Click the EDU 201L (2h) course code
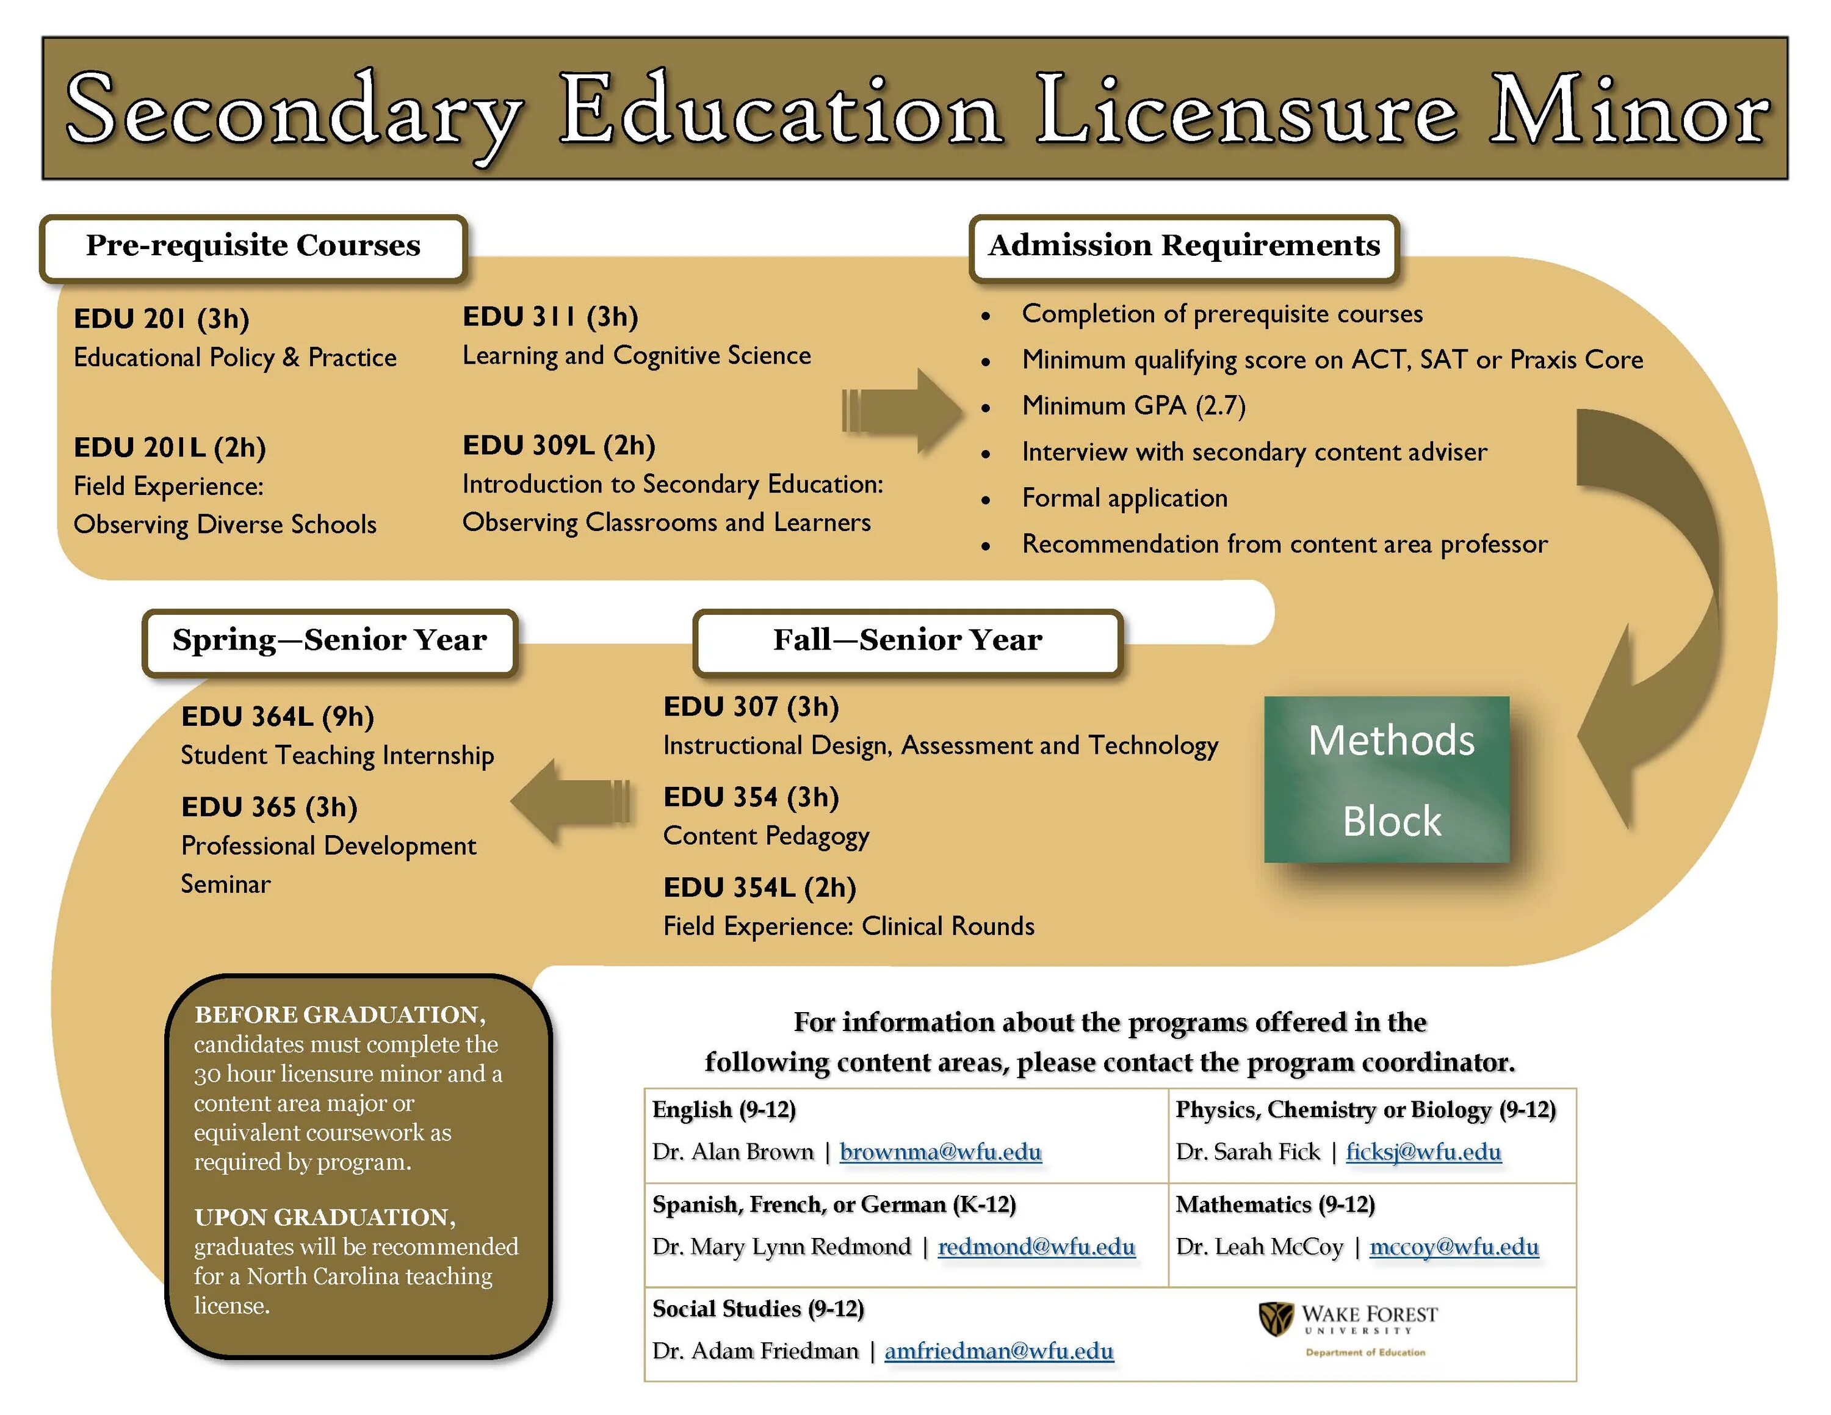coord(169,447)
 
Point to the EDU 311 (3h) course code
coord(550,317)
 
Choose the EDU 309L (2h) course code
coord(558,445)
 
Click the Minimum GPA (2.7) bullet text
coord(1133,406)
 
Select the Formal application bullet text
coord(1124,498)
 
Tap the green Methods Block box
coord(1387,780)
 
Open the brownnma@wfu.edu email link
coord(940,1152)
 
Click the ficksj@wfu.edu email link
coord(1423,1152)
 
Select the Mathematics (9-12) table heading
coord(1274,1204)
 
